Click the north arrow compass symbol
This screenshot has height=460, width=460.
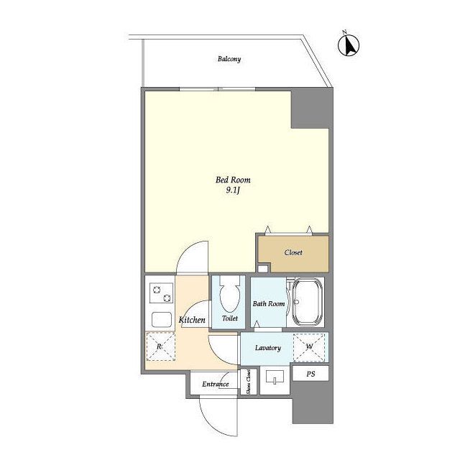click(349, 45)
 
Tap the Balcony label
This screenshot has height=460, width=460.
click(229, 59)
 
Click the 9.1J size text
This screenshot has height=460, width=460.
click(233, 190)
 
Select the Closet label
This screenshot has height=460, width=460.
click(293, 252)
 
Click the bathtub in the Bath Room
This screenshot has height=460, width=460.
click(308, 302)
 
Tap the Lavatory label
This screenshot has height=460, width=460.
click(268, 348)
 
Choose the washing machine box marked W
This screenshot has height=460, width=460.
click(309, 346)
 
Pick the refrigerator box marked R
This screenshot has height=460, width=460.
click(160, 346)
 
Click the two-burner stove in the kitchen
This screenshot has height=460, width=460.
click(161, 293)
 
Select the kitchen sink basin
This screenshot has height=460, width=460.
click(161, 320)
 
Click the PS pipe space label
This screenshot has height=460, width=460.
click(310, 374)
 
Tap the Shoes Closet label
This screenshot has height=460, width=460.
click(248, 382)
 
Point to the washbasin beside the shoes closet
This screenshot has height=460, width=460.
click(275, 377)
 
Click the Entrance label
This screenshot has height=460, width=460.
click(216, 384)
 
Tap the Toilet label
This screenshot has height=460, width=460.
click(230, 318)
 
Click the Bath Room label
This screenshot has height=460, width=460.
click(269, 303)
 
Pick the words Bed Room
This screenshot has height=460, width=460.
click(233, 180)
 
